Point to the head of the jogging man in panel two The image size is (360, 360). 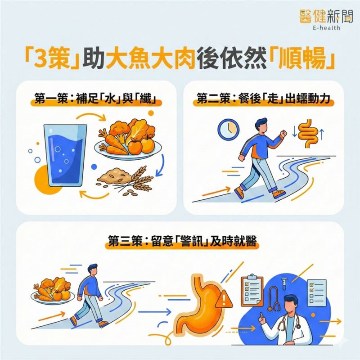263,123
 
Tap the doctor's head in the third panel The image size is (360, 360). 291,304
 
